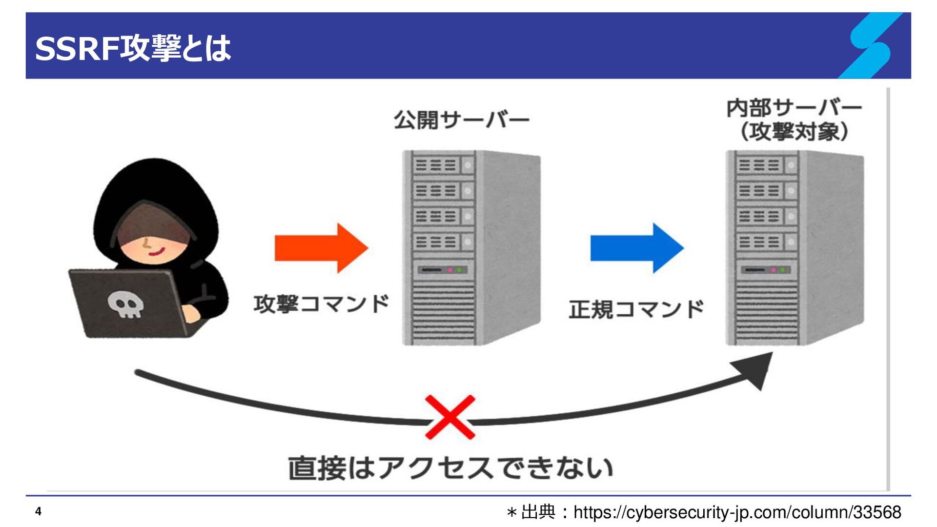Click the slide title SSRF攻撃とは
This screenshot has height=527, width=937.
[x=133, y=48]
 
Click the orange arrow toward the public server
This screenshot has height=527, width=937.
[x=321, y=248]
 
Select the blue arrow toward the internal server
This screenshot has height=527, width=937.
[x=637, y=248]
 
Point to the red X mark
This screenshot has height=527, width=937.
[x=450, y=417]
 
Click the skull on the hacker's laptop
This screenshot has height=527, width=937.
[x=126, y=304]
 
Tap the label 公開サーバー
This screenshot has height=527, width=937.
[x=462, y=120]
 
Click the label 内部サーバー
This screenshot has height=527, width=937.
[x=794, y=108]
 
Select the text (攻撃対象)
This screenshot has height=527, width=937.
[x=794, y=131]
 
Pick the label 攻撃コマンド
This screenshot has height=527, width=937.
[x=322, y=304]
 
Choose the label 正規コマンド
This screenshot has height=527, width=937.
[x=637, y=309]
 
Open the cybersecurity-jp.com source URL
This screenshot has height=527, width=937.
[x=737, y=512]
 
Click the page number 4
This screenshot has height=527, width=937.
[x=38, y=511]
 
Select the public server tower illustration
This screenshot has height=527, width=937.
[x=471, y=248]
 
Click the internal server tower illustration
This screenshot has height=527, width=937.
[x=795, y=248]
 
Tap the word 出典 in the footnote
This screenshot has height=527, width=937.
[x=538, y=512]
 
